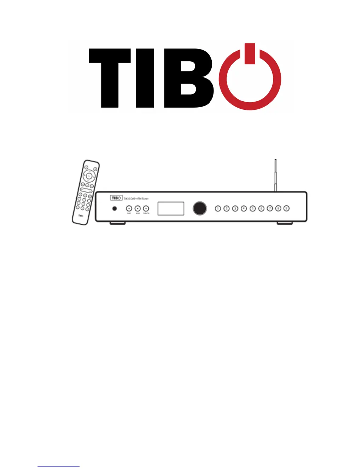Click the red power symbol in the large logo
tap(250, 80)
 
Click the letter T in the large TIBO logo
tap(110, 78)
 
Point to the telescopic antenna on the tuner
tap(275, 175)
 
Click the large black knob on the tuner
tap(199, 208)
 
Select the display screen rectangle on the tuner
tap(171, 208)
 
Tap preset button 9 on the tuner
tap(287, 208)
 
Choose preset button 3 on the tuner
tap(235, 208)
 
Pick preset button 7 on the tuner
tap(269, 208)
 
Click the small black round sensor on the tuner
tap(115, 208)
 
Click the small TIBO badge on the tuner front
tap(116, 198)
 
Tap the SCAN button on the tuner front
tap(138, 208)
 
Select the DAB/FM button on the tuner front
tap(146, 208)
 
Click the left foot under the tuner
tap(118, 223)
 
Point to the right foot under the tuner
tap(285, 223)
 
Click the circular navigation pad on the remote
tap(89, 176)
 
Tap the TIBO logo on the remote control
tap(81, 215)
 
